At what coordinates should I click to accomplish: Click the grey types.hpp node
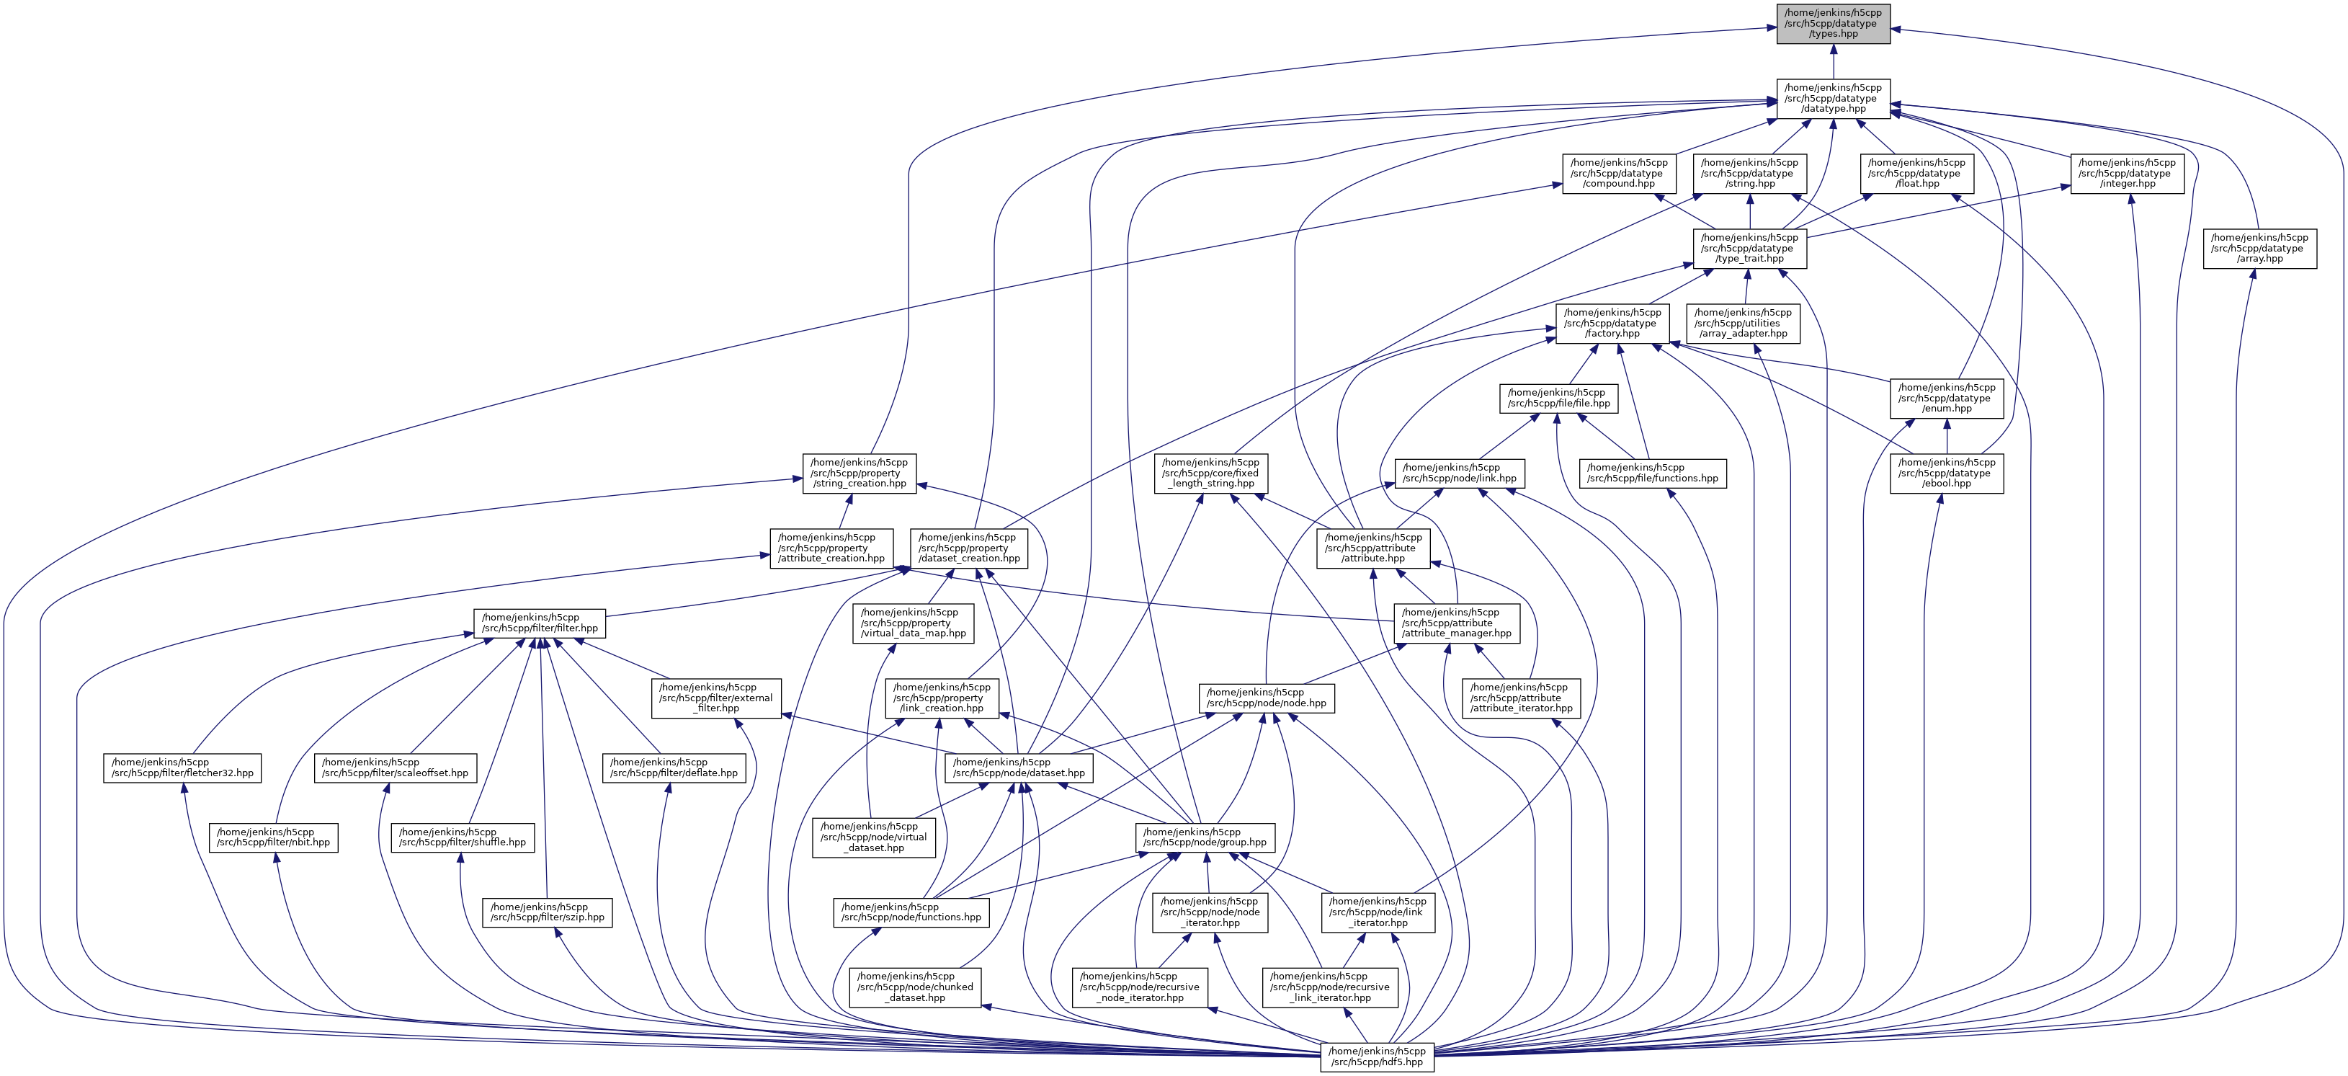(1832, 24)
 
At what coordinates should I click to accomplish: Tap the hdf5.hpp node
(1376, 1057)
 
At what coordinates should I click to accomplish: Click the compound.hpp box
(1619, 173)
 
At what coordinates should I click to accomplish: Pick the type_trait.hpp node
(1749, 248)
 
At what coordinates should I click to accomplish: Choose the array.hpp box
(2259, 248)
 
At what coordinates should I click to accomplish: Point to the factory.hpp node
(1612, 323)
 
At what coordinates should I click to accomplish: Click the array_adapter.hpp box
(1743, 323)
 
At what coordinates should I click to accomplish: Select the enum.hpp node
(1946, 399)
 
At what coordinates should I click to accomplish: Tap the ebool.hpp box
(1946, 473)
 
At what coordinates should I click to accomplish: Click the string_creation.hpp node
(859, 473)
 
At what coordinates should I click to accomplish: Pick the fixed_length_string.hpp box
(1210, 473)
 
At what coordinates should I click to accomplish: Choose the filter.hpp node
(540, 623)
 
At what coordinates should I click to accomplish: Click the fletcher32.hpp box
(182, 768)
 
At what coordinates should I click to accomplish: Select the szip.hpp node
(547, 912)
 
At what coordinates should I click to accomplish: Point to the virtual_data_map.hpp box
(912, 623)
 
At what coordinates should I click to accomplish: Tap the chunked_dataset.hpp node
(915, 987)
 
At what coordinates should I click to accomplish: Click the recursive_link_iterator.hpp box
(1330, 987)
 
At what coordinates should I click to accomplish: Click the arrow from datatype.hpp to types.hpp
(1832, 61)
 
